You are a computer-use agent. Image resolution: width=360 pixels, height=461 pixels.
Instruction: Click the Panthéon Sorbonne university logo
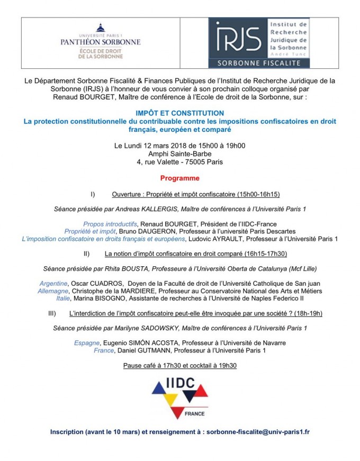tap(100, 41)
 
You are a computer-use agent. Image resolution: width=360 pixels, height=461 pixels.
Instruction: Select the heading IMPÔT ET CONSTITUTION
tap(179, 113)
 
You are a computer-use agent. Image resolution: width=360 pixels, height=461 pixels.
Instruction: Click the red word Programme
tap(180, 178)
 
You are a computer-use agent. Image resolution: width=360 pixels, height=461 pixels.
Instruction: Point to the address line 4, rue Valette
tap(179, 161)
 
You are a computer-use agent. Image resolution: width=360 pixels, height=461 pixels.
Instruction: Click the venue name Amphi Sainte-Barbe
tap(179, 153)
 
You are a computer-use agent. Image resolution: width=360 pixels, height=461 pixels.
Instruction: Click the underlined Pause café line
tap(179, 365)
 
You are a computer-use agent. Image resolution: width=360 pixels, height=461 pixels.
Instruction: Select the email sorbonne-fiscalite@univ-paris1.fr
tap(258, 431)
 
